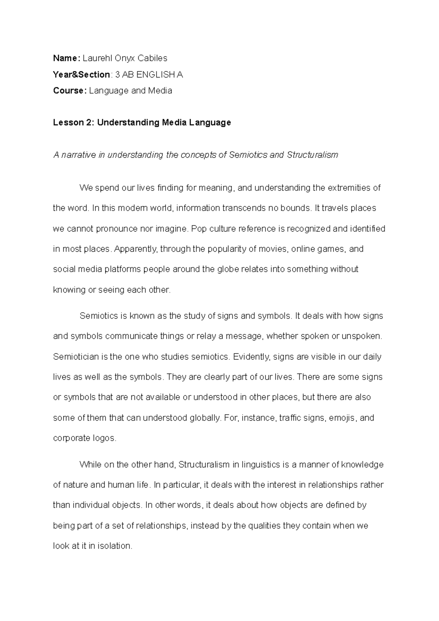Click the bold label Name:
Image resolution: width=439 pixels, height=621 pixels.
(66, 58)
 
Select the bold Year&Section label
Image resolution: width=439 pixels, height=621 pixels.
(81, 75)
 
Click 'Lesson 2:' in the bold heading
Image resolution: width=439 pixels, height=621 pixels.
(74, 123)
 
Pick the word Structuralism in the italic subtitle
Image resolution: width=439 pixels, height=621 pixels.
(312, 155)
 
